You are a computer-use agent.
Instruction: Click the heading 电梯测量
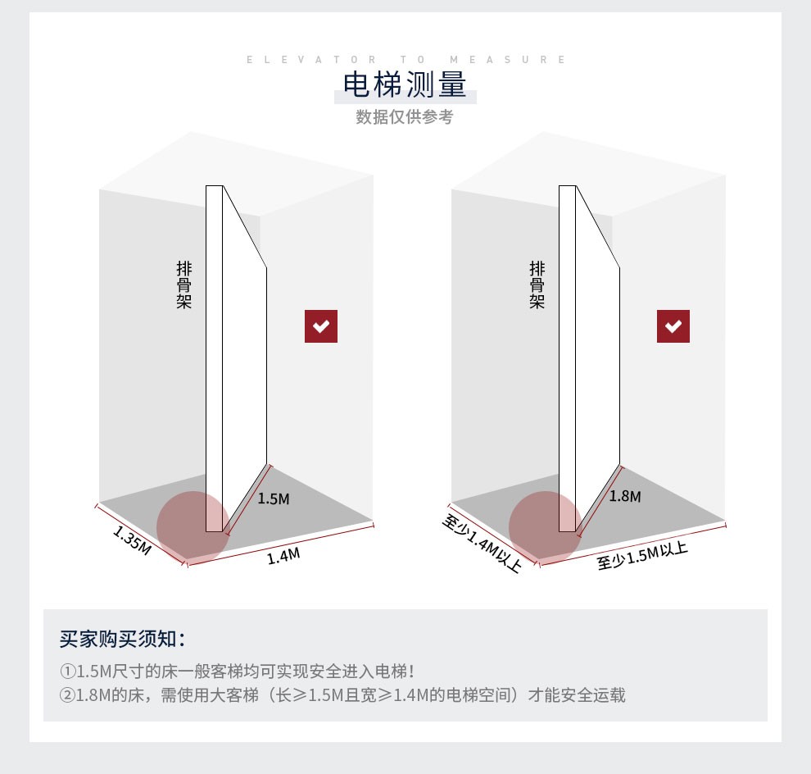tap(405, 85)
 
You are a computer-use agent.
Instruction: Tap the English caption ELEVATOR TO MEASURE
tap(405, 59)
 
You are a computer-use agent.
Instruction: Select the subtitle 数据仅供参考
tap(405, 116)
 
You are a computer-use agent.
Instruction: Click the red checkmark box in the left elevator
tap(321, 326)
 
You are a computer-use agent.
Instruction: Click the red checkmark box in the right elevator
tap(673, 326)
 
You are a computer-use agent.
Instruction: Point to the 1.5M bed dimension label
tap(274, 499)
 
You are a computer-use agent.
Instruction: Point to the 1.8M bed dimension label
tap(625, 496)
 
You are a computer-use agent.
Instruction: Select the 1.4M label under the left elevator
tap(283, 556)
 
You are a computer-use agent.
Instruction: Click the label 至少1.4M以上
tap(482, 542)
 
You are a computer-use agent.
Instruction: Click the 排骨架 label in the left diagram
tap(183, 285)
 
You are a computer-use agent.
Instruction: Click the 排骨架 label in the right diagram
tap(537, 285)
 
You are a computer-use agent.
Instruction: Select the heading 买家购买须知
tap(123, 639)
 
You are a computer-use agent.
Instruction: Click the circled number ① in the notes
tap(67, 672)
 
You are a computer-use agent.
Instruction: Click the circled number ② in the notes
tap(67, 696)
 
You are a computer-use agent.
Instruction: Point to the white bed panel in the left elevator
tap(242, 361)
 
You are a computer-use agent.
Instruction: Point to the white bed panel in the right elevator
tap(596, 361)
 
